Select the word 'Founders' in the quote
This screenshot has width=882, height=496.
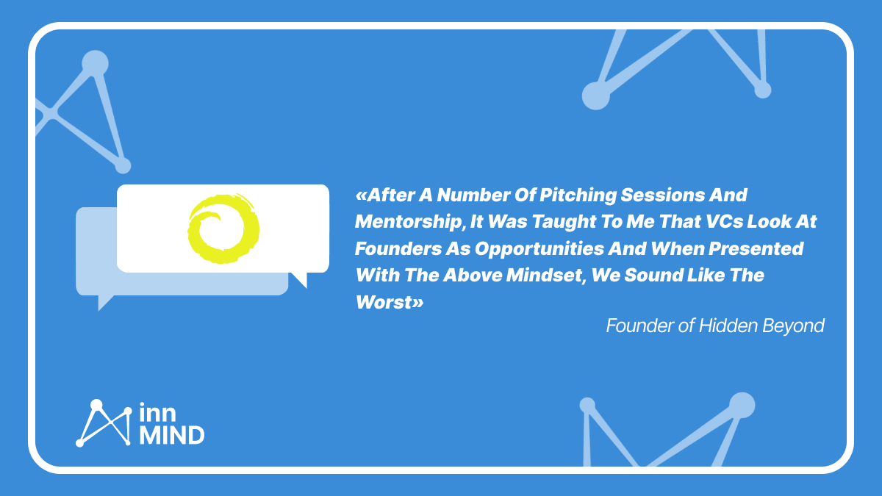398,249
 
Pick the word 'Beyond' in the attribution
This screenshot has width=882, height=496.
793,327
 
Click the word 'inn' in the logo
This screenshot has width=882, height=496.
157,412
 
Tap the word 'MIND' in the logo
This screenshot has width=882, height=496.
172,435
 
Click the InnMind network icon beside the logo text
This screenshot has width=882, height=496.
104,423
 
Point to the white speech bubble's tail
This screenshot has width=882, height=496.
301,278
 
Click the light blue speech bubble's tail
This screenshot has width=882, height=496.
104,302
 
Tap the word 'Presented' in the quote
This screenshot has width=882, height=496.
756,249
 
